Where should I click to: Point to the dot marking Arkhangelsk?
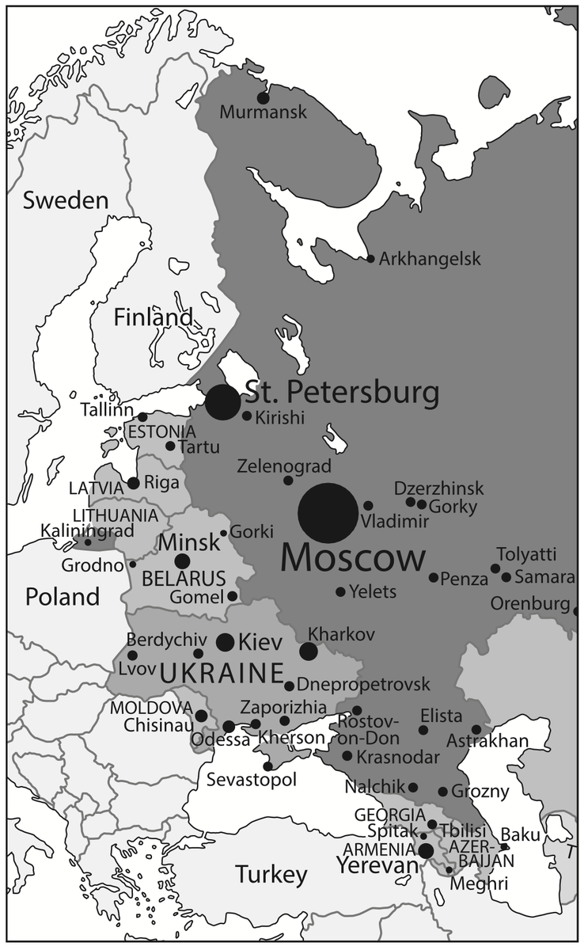click(370, 259)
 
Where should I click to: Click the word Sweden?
click(65, 200)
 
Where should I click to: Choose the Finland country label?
click(153, 318)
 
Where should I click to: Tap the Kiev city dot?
click(225, 641)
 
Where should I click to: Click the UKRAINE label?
click(222, 674)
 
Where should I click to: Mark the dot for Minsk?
click(182, 561)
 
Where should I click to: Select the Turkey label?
click(271, 875)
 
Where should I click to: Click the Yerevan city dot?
click(426, 851)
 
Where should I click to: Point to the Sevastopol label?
click(252, 781)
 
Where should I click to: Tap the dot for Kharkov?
click(308, 652)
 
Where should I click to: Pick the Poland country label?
click(63, 596)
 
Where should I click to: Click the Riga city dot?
click(133, 483)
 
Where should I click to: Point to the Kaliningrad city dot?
click(88, 542)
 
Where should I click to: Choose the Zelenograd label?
click(284, 466)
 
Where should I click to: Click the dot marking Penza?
click(434, 578)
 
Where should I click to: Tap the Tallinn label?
click(107, 411)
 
